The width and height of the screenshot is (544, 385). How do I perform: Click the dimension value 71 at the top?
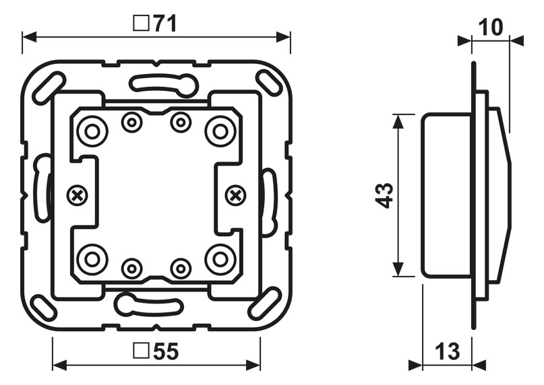point(164,24)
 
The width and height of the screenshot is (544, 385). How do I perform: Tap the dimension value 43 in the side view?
point(384,196)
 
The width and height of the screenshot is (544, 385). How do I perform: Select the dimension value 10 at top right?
point(491,28)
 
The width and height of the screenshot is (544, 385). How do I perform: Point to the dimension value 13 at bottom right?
point(446,351)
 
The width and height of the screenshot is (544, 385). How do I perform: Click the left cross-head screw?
point(78,196)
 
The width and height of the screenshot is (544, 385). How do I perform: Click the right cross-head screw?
point(235,196)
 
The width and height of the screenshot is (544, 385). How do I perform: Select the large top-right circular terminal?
point(220,131)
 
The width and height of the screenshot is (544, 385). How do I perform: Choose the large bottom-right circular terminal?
point(220,259)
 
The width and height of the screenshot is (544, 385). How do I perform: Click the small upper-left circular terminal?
point(131,123)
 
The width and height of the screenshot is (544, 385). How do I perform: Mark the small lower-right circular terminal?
point(181,269)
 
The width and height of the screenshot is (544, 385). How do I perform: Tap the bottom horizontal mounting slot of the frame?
point(150,305)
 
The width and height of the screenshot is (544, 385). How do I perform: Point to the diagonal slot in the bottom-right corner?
point(265,304)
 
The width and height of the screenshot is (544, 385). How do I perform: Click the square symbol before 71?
point(141,24)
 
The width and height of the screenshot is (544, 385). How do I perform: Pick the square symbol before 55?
point(141,351)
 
